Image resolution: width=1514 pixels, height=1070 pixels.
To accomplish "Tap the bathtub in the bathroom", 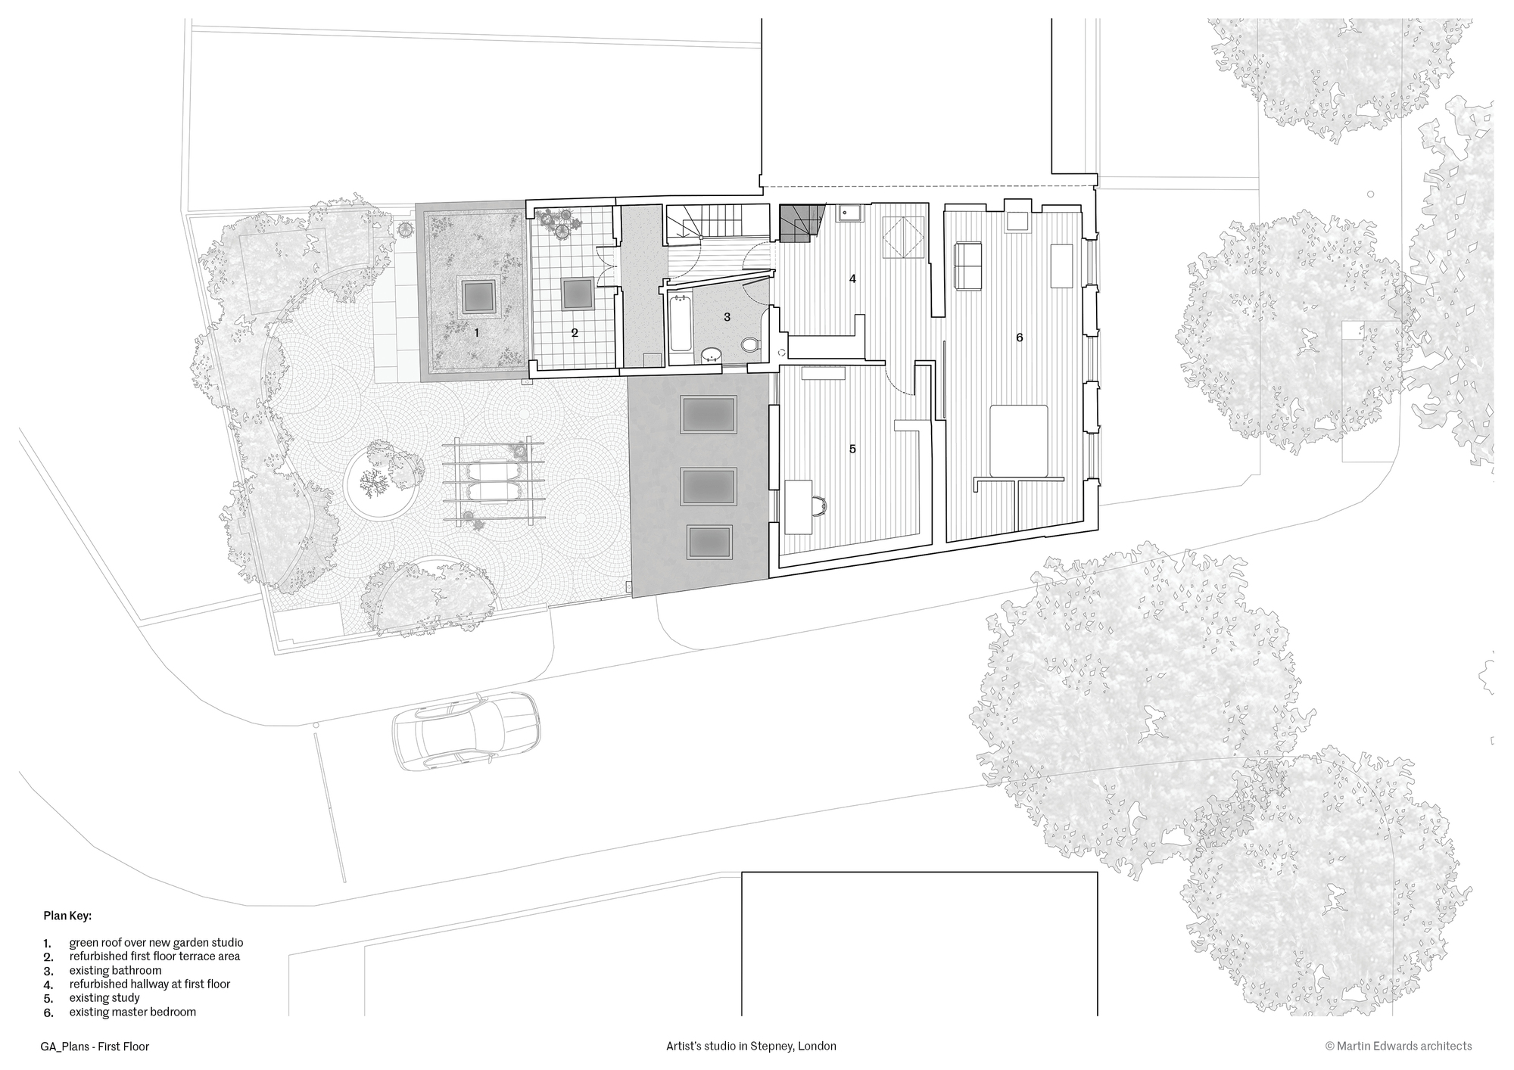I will pyautogui.click(x=681, y=323).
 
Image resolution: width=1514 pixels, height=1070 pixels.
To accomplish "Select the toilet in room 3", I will pyautogui.click(x=749, y=345).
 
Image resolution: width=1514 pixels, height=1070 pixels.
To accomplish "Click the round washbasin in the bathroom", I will pyautogui.click(x=712, y=353).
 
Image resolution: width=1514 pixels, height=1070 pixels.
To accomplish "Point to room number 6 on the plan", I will pyautogui.click(x=1019, y=337).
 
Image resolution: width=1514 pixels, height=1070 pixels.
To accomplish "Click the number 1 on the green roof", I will pyautogui.click(x=476, y=332).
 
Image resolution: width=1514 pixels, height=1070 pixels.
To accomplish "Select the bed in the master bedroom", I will pyautogui.click(x=1020, y=442).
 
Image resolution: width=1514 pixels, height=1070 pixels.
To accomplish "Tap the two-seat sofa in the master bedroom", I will pyautogui.click(x=969, y=266).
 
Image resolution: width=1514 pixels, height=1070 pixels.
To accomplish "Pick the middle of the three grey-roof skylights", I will pyautogui.click(x=709, y=487).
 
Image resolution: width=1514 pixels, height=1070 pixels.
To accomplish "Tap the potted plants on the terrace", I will pyautogui.click(x=560, y=222).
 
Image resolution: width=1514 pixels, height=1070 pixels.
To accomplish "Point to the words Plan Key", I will pyautogui.click(x=67, y=916).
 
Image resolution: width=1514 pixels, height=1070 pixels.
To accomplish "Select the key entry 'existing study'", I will pyautogui.click(x=104, y=998).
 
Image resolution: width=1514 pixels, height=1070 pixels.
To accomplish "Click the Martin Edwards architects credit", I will pyautogui.click(x=1398, y=1046).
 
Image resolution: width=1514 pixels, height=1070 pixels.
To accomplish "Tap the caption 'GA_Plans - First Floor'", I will pyautogui.click(x=95, y=1047).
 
